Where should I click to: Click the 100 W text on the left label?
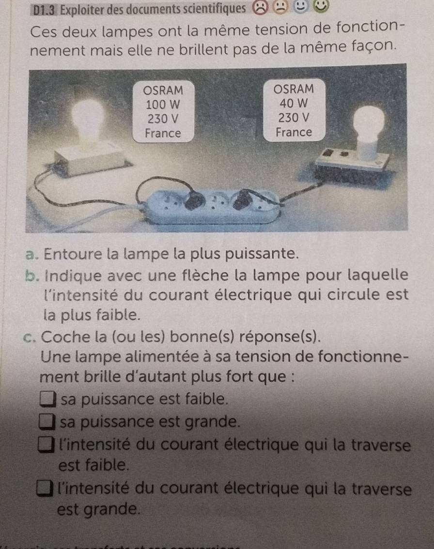coord(163,105)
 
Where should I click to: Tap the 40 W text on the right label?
coord(294,103)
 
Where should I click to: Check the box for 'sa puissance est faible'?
coord(47,399)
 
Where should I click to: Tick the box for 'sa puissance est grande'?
coord(47,422)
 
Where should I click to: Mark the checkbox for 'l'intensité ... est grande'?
coord(45,489)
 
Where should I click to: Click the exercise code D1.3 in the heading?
coord(45,10)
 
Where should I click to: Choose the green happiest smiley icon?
coord(321,6)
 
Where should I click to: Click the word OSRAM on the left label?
coord(163,90)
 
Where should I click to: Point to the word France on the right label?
coord(294,132)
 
